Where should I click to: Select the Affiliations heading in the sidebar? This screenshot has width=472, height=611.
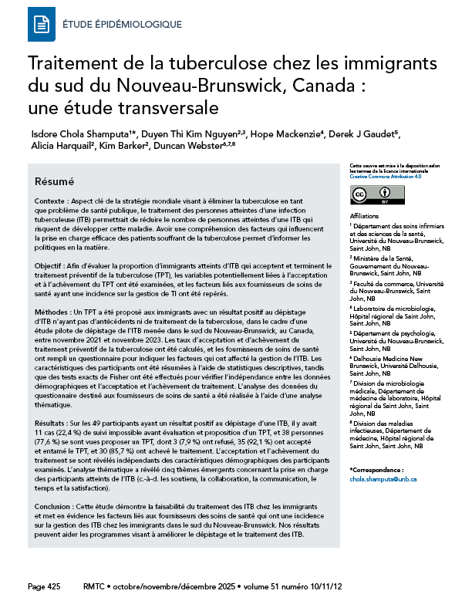click(366, 215)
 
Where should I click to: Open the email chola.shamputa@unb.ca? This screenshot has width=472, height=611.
click(383, 479)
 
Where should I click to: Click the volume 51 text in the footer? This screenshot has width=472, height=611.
click(292, 587)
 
